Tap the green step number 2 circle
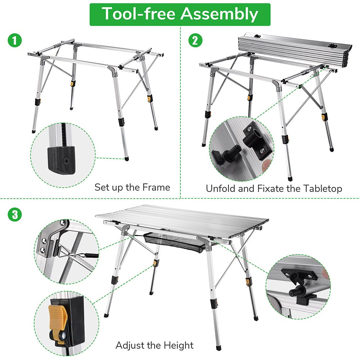click(x=195, y=40)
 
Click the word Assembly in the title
click(x=219, y=14)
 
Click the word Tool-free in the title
click(x=138, y=14)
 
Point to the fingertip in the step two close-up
click(x=266, y=165)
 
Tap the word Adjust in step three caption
click(x=128, y=345)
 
